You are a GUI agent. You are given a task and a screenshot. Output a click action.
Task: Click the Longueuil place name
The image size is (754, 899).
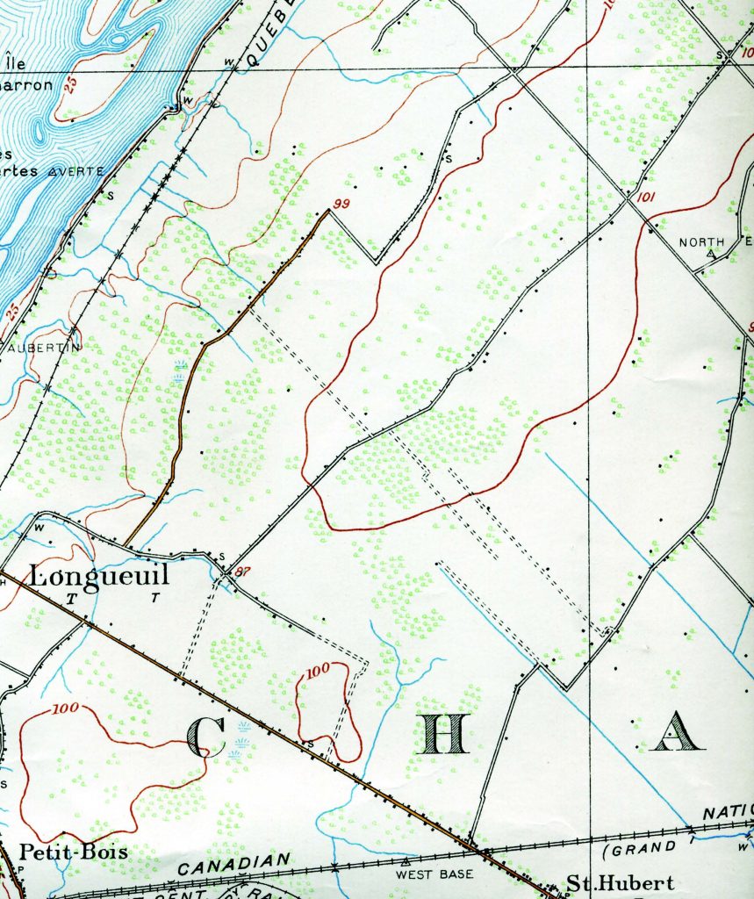coord(98,576)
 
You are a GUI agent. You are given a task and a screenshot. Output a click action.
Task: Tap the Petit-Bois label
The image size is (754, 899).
coord(74,852)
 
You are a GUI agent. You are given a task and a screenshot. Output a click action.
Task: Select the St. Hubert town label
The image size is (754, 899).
coord(619,882)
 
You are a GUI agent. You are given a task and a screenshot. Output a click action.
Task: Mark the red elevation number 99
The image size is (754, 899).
coord(341,204)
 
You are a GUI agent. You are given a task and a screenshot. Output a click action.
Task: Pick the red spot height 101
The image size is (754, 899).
coord(644,197)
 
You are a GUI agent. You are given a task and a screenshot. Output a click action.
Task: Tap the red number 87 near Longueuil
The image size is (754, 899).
coord(243,572)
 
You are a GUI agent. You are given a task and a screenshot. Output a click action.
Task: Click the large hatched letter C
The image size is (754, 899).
coord(209,736)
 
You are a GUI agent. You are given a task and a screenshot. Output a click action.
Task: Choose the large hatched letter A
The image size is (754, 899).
coord(677,730)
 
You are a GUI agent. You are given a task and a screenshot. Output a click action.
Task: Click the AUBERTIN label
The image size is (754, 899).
coord(43,348)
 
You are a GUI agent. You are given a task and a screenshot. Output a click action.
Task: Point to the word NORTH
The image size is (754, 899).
coord(702,242)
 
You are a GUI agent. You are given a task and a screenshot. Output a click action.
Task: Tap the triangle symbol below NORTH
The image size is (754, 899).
coord(710,254)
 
